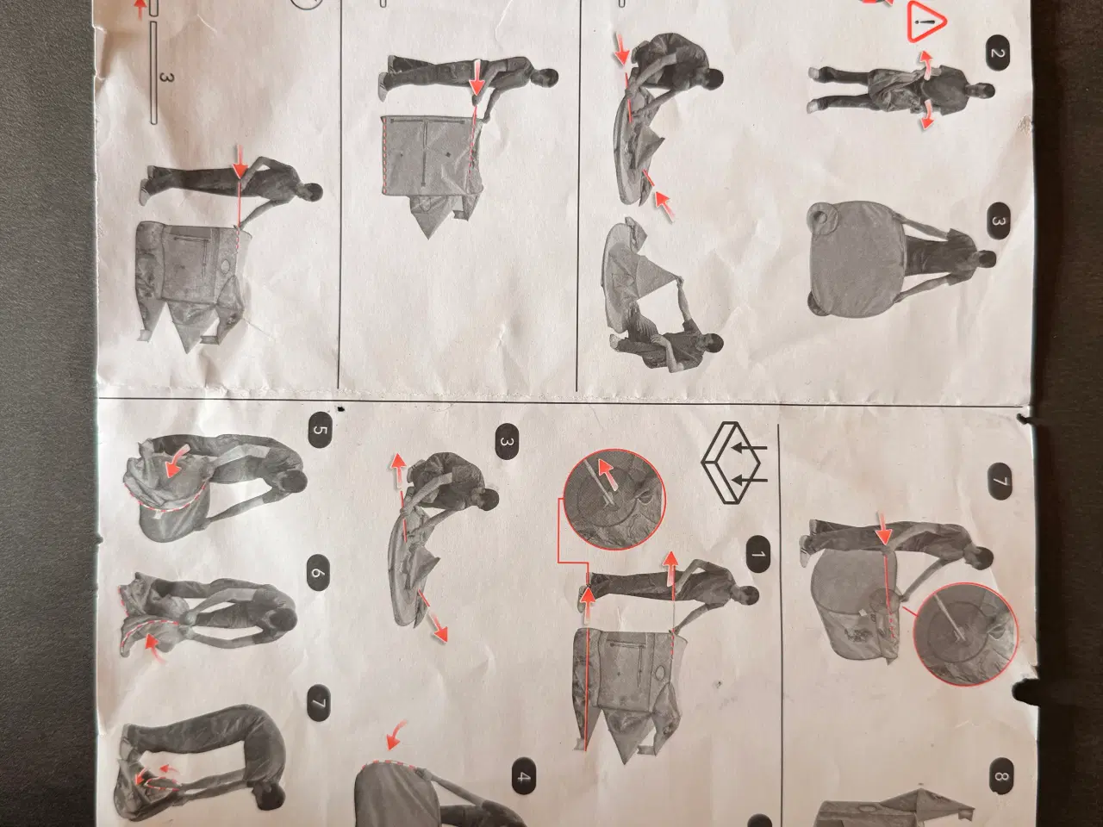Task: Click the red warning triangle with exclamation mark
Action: pyautogui.click(x=927, y=22)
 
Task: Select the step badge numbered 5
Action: pyautogui.click(x=320, y=430)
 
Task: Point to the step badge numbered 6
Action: pyautogui.click(x=318, y=572)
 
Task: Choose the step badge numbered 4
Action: pyautogui.click(x=523, y=777)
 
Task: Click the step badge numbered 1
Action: pyautogui.click(x=758, y=554)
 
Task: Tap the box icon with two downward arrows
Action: pyautogui.click(x=732, y=463)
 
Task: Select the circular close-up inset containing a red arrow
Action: pyautogui.click(x=614, y=500)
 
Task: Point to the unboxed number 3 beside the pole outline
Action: pyautogui.click(x=166, y=78)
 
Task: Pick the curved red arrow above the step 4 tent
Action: pyautogui.click(x=396, y=736)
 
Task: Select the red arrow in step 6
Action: pyautogui.click(x=154, y=647)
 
